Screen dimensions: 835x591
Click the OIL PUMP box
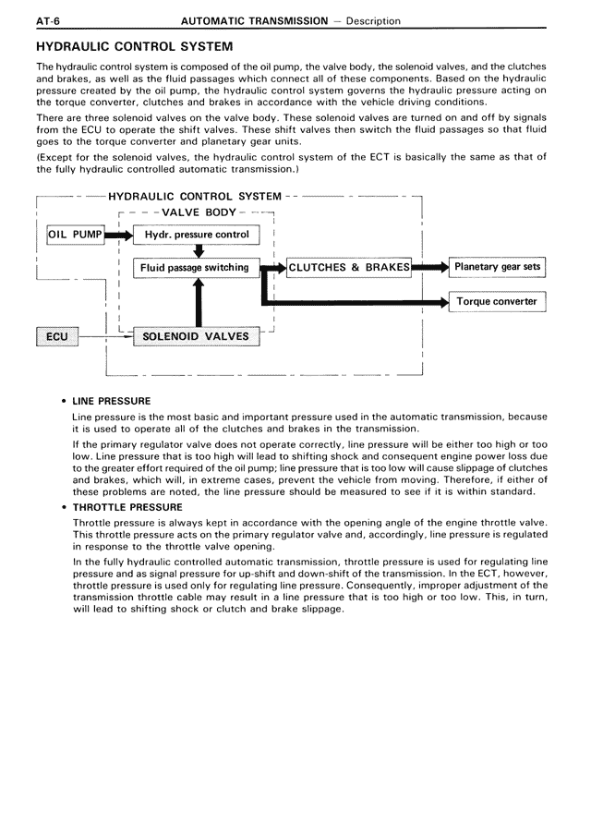point(75,235)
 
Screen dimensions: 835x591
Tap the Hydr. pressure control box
point(197,235)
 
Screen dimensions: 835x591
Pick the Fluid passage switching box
point(197,268)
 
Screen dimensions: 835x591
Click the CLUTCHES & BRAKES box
point(349,268)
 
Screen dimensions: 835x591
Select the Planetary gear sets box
point(497,268)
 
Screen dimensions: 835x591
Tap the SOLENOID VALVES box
point(196,336)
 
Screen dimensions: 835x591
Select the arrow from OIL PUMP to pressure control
point(119,236)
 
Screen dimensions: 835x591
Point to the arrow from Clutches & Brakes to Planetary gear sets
point(429,268)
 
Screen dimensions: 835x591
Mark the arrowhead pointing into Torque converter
point(441,302)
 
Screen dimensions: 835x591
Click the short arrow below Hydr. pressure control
point(197,251)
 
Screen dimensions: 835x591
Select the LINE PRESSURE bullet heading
point(112,401)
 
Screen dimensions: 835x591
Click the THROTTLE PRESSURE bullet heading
point(121,507)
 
